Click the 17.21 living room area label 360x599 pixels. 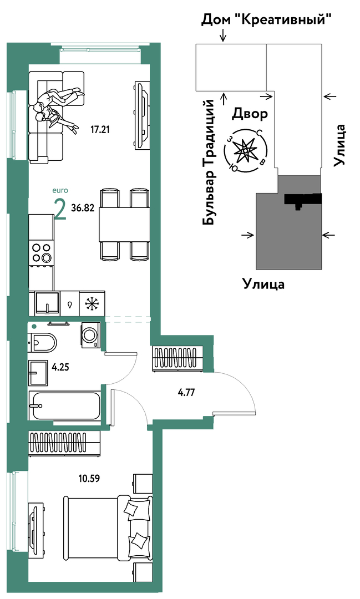(x=100, y=130)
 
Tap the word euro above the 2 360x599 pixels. (x=60, y=191)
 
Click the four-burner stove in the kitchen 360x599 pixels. (x=41, y=252)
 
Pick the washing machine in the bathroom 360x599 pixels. (x=91, y=336)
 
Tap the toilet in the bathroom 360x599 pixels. (x=42, y=342)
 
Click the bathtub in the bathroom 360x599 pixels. (x=65, y=406)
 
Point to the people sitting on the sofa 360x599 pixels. (x=57, y=108)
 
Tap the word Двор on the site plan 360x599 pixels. (x=250, y=114)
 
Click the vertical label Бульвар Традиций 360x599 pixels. (x=210, y=162)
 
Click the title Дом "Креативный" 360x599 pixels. (x=266, y=19)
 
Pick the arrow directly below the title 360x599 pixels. (x=224, y=35)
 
